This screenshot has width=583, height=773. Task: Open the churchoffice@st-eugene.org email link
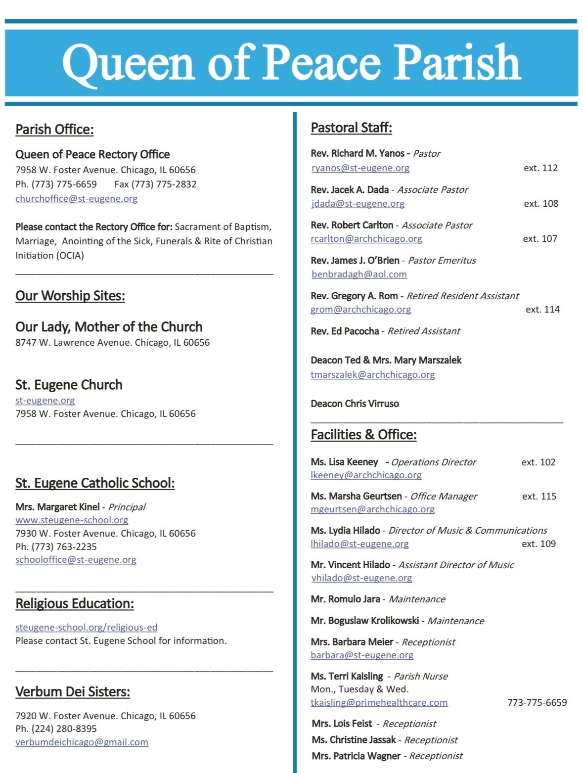click(x=77, y=198)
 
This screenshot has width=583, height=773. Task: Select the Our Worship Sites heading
click(x=70, y=296)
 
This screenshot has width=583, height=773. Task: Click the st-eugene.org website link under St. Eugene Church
click(x=45, y=400)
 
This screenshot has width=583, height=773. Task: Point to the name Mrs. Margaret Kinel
click(x=57, y=507)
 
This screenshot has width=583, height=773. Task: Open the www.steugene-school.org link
click(x=72, y=520)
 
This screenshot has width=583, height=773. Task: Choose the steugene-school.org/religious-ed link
click(x=87, y=627)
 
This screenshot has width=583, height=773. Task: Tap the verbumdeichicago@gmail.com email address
click(x=82, y=742)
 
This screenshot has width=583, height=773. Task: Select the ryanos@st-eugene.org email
click(x=360, y=168)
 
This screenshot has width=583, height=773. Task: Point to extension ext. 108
click(x=541, y=203)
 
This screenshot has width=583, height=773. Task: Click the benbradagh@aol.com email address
click(x=359, y=274)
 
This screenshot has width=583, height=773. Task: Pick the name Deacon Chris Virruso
click(x=355, y=404)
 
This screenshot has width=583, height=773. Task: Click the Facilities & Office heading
click(x=363, y=435)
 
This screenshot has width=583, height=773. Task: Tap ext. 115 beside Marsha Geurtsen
click(x=539, y=496)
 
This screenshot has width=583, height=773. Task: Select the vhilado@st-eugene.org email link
click(x=361, y=578)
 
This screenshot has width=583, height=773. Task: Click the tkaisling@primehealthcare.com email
click(x=379, y=702)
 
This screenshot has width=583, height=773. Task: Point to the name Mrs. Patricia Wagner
click(x=356, y=756)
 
